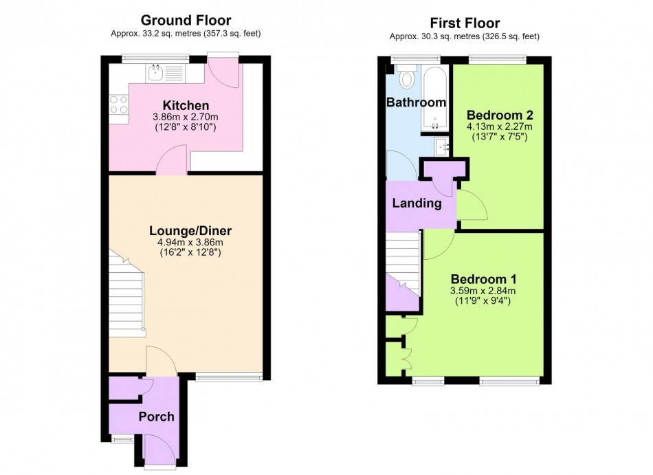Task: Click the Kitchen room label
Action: [186, 105]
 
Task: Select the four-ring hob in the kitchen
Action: [119, 104]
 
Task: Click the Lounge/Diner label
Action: [190, 231]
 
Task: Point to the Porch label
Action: [156, 417]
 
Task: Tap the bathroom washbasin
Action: [442, 146]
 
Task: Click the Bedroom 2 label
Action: [500, 115]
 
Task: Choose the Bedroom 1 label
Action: [483, 279]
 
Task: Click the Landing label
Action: [417, 203]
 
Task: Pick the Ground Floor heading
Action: [186, 20]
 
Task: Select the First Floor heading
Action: [465, 23]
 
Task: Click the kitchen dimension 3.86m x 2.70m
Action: [186, 118]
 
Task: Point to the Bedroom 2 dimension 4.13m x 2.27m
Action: [499, 126]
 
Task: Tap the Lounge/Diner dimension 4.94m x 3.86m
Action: [190, 243]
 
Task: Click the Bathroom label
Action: [416, 102]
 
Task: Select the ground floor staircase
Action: [126, 294]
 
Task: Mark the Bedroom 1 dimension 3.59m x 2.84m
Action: [483, 291]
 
